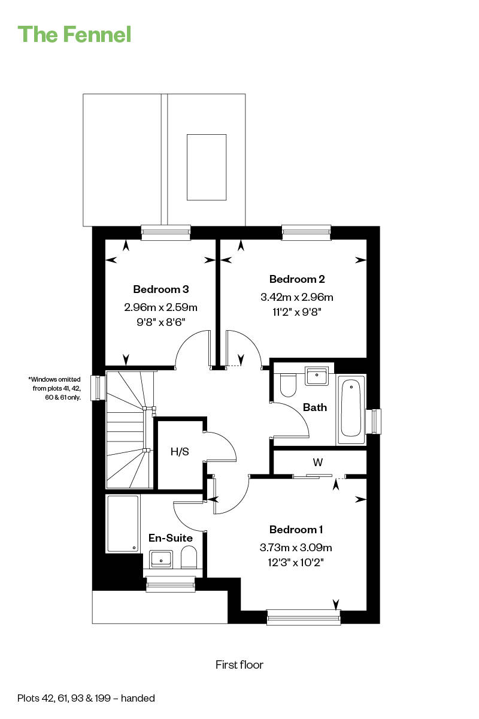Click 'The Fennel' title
pos(74,34)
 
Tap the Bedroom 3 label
pos(160,289)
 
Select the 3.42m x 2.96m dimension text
pos(297,297)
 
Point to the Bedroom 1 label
pos(296,529)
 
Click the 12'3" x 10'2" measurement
pos(296,563)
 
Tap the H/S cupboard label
pos(180,452)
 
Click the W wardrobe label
pos(317,463)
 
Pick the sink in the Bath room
pos(316,376)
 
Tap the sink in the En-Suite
pos(161,560)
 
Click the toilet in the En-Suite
pos(189,558)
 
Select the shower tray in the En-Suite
pos(123,524)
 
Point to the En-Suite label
pos(171,537)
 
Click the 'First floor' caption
pos(239,664)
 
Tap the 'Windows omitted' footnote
pos(54,388)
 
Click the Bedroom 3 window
pos(166,232)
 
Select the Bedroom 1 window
pos(304,617)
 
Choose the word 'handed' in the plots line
pos(138,698)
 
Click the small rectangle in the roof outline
pos(207,167)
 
